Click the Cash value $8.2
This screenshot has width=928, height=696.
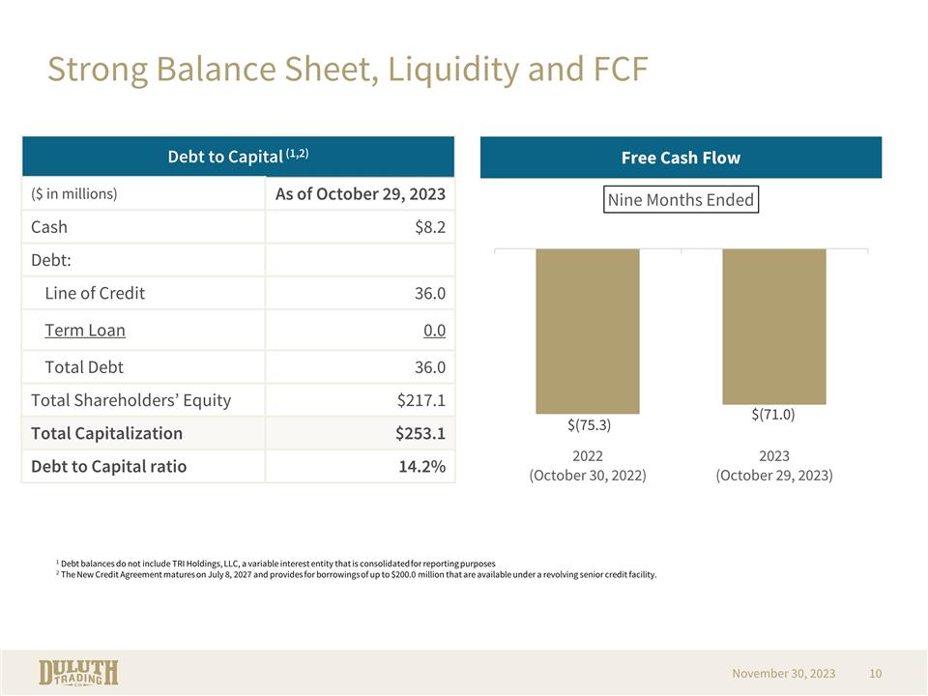pos(429,227)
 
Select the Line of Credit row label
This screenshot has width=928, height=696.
pos(95,293)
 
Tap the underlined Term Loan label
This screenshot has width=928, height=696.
pos(85,331)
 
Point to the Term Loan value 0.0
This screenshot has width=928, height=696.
pos(434,331)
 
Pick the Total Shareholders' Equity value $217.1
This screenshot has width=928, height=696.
pos(420,400)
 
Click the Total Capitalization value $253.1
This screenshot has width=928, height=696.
pos(420,433)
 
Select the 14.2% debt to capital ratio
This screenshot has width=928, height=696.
pos(422,466)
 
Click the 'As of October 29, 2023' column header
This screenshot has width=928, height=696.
pos(360,194)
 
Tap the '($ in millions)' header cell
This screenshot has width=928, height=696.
pos(74,193)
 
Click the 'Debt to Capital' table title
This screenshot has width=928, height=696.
pos(238,157)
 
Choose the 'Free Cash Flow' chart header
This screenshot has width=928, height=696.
pos(681,158)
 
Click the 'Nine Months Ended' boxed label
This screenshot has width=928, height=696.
pos(681,199)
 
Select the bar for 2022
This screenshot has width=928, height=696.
pos(588,332)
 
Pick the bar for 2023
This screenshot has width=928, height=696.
pos(774,327)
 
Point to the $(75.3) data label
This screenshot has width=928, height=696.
pos(589,425)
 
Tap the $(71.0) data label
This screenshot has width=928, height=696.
pos(773,415)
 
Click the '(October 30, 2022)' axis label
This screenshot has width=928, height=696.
pos(588,476)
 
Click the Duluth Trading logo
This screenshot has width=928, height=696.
pos(78,673)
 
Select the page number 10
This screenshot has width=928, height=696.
pos(876,674)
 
